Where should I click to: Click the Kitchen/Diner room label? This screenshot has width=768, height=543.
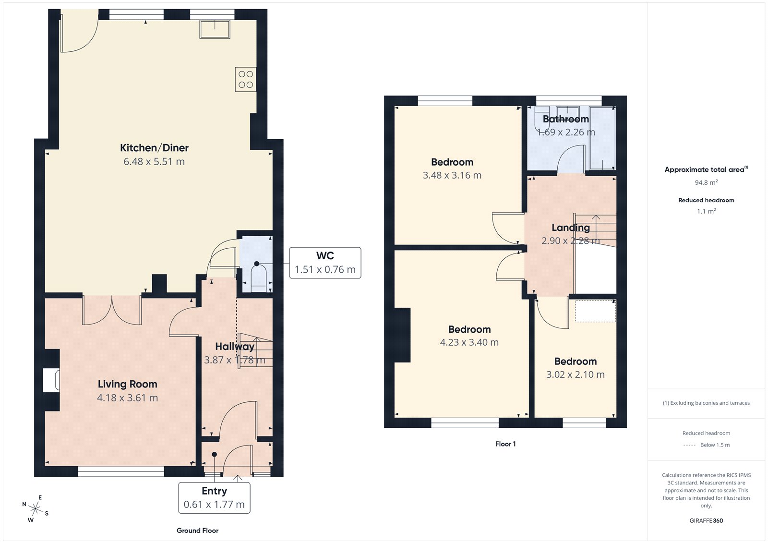pos(154,148)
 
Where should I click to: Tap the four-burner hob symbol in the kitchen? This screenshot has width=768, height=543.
pos(245,79)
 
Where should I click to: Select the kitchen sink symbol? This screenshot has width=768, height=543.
pos(215,29)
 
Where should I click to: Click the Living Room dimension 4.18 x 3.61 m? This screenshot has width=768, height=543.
pos(127,398)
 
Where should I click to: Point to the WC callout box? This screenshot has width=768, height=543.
pos(325,263)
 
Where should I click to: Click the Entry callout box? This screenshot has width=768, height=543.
pos(214,498)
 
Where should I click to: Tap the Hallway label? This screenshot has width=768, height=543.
pos(234,347)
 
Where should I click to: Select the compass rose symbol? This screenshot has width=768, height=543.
pos(35,508)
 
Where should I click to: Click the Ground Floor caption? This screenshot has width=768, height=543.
pos(197,531)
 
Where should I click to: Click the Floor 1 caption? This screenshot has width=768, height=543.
pos(505,444)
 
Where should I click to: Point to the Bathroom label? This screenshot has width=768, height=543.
pos(565,119)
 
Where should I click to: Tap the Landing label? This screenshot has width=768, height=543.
pos(570,228)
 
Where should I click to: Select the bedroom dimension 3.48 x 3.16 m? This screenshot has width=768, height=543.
pos(452,175)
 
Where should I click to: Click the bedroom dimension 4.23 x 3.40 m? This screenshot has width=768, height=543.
pos(469,342)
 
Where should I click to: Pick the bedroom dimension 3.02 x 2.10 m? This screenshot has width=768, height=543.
pos(575,374)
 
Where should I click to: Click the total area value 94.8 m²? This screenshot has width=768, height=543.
pos(706,182)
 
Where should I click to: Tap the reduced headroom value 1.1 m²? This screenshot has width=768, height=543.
pos(706,211)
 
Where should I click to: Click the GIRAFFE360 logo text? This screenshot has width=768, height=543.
pos(706,520)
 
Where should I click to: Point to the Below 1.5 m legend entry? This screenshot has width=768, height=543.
pos(714,445)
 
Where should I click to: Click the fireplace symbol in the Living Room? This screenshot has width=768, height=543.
pos(51,380)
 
